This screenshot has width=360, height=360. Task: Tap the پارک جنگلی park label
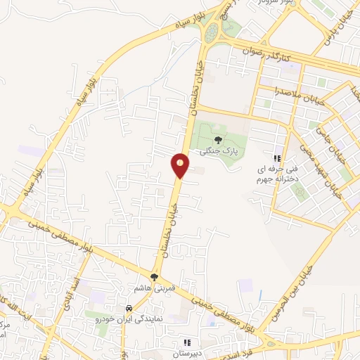[x=217, y=150]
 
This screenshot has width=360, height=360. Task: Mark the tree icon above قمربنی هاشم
[x=154, y=277]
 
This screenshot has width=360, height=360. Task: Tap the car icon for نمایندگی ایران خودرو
[x=129, y=309]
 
